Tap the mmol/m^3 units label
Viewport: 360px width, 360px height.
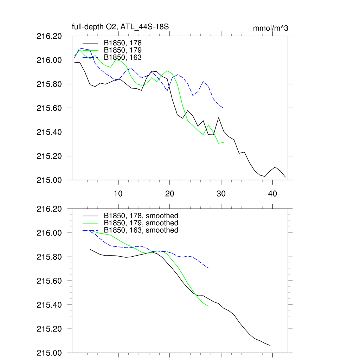[x=270, y=28]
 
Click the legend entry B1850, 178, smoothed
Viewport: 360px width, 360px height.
[x=141, y=216]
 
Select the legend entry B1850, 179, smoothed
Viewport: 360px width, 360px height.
[x=141, y=223]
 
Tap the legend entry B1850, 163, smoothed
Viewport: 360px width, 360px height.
[x=141, y=230]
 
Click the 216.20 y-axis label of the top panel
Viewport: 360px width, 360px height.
[x=52, y=36]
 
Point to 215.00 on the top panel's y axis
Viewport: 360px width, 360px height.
[x=52, y=180]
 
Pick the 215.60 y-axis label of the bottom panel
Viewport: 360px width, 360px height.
[x=52, y=281]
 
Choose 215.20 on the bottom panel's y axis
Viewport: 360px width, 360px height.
[x=52, y=329]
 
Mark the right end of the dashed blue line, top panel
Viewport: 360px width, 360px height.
[x=223, y=108]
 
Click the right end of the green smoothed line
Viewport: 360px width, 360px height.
[x=208, y=306]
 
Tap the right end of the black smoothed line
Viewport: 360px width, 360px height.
[x=270, y=346]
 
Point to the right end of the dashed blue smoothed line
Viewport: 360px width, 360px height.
[x=209, y=268]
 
